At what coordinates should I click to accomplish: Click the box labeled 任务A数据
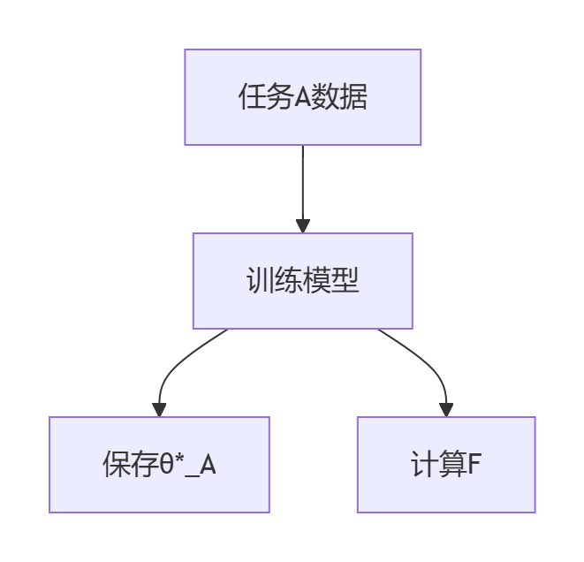(302, 97)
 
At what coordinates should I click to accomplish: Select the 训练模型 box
(302, 281)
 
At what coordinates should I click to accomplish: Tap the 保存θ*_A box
(159, 465)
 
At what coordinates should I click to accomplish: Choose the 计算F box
(446, 465)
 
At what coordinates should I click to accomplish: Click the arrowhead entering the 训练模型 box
(302, 226)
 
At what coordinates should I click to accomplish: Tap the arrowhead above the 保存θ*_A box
(159, 409)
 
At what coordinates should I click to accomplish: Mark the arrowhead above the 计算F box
(446, 409)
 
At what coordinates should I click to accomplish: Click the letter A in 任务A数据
(302, 97)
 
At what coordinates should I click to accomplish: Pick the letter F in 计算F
(474, 465)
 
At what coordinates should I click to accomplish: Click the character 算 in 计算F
(452, 465)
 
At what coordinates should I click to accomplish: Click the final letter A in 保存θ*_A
(208, 465)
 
